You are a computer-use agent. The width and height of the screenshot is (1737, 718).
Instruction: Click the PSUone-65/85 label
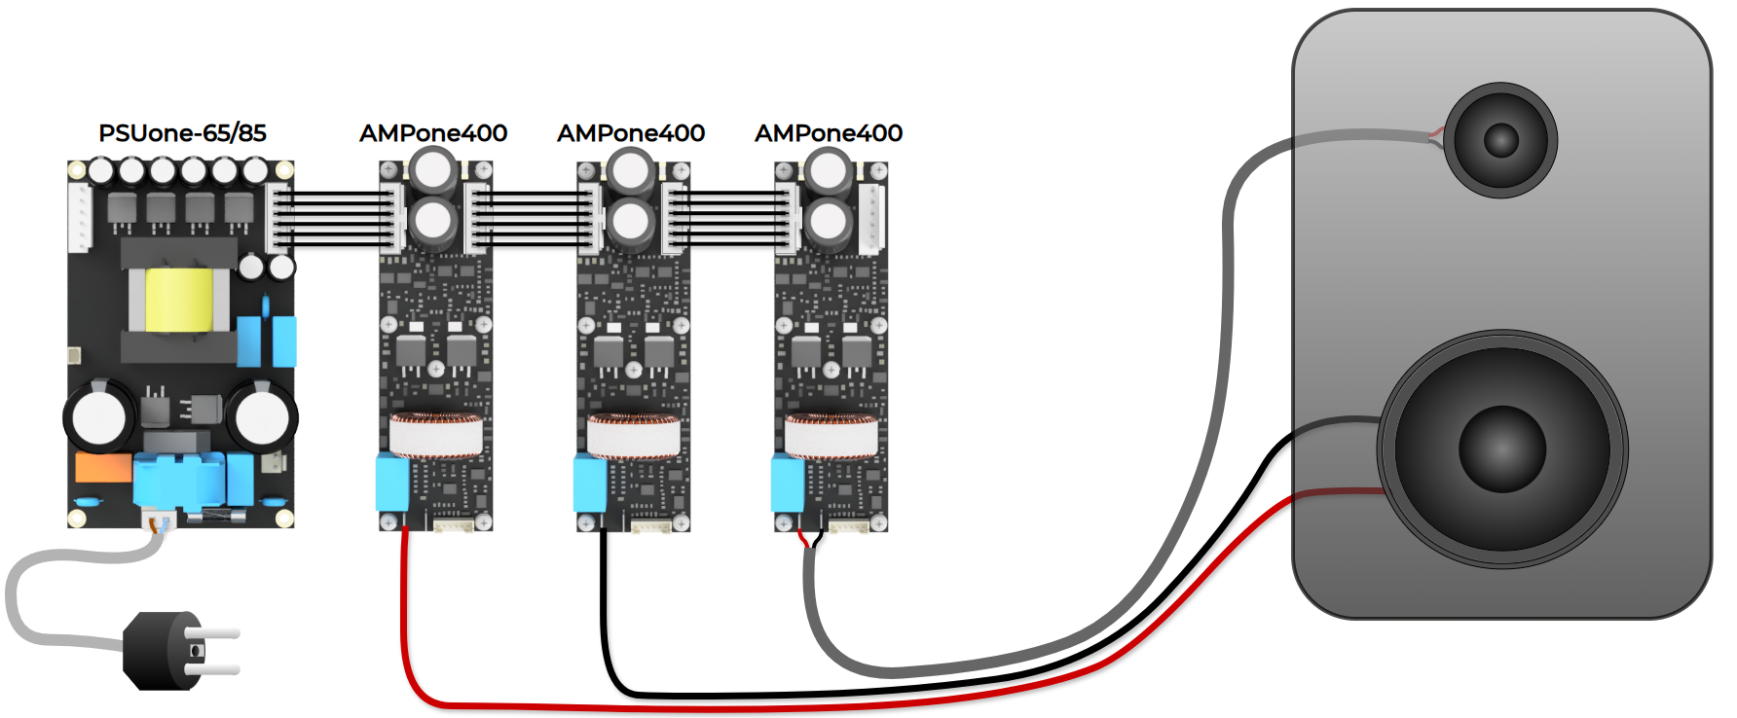[182, 133]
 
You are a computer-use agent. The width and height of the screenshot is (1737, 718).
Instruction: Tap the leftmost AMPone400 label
[433, 133]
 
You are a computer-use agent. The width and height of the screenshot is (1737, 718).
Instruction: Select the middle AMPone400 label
[631, 133]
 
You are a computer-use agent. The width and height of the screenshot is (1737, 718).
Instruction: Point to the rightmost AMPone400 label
[829, 133]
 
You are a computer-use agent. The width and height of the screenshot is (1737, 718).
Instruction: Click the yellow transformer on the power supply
[179, 300]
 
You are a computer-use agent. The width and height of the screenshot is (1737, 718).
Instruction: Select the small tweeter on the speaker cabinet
[1500, 140]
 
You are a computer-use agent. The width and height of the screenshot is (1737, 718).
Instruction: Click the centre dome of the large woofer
[1502, 449]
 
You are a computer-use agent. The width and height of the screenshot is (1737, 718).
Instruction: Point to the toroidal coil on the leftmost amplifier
[436, 435]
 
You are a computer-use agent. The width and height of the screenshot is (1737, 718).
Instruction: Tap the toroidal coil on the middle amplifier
[634, 435]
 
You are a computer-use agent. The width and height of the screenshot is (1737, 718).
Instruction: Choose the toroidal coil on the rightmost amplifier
[832, 435]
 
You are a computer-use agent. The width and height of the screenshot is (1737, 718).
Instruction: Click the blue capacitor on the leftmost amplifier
[392, 484]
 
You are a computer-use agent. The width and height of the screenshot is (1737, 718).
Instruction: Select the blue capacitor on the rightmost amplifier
[788, 484]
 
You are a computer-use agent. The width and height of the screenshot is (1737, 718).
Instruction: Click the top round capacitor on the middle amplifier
[631, 172]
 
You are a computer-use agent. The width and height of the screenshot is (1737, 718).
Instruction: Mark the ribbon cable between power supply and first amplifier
[336, 218]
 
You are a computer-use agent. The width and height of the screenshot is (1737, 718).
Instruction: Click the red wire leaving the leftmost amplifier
[405, 623]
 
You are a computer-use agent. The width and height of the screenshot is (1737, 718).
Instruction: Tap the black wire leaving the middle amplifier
[605, 623]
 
